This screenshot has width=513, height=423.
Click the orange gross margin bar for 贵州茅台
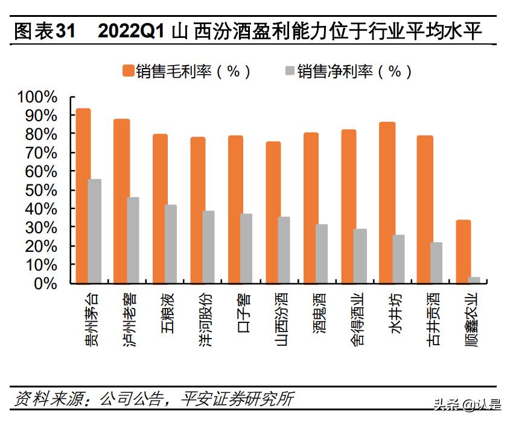pyautogui.click(x=83, y=196)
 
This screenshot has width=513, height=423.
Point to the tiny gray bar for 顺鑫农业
pyautogui.click(x=475, y=280)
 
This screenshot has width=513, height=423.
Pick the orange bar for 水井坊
pyautogui.click(x=387, y=202)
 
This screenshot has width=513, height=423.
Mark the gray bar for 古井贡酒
pyautogui.click(x=436, y=263)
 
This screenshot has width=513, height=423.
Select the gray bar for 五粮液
pyautogui.click(x=171, y=243)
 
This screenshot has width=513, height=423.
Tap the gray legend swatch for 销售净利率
pyautogui.click(x=288, y=70)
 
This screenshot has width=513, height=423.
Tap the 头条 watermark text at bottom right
pyautogui.click(x=445, y=404)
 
